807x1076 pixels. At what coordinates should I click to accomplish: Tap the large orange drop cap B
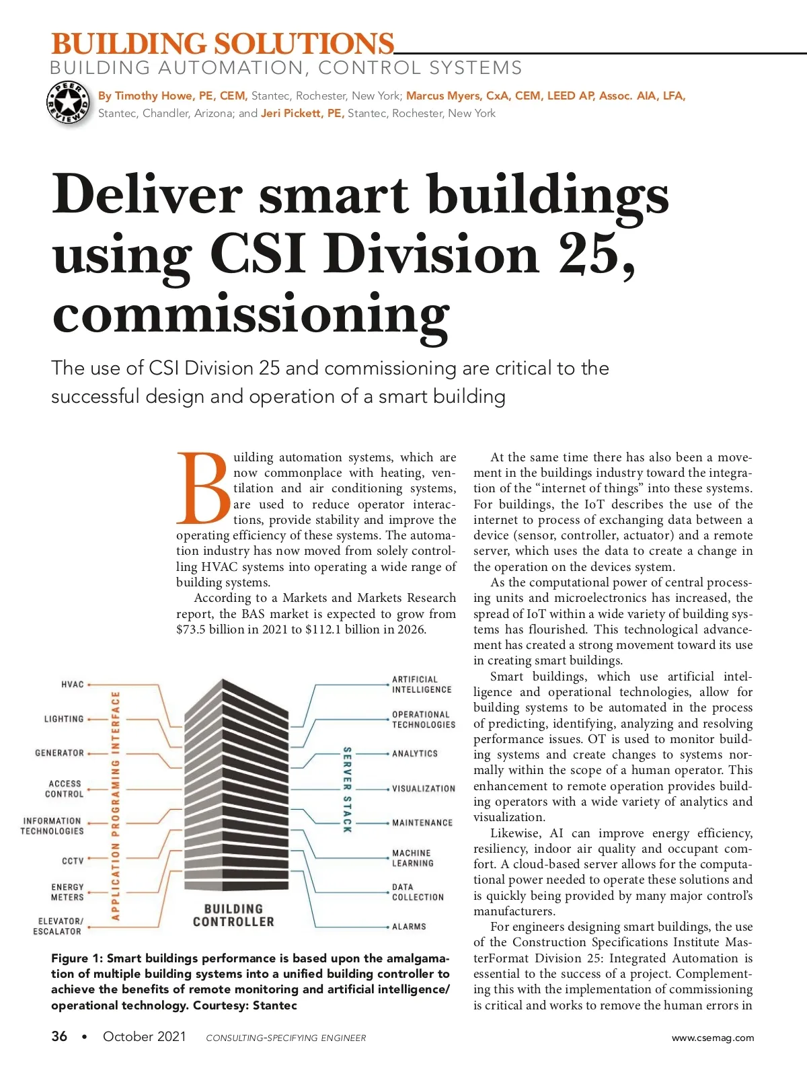coord(203,488)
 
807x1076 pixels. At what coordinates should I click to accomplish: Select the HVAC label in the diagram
coord(73,685)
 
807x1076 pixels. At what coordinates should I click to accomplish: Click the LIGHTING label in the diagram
coord(64,719)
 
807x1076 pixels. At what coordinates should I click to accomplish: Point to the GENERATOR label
coord(59,753)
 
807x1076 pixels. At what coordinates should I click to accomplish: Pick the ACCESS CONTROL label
coord(65,789)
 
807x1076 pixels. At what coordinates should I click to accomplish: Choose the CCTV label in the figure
coord(73,861)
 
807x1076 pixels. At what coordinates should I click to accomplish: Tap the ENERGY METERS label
coord(67,892)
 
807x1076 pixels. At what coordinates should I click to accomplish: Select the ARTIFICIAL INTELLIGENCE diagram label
coord(422,685)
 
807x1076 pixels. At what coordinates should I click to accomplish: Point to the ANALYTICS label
coord(415,754)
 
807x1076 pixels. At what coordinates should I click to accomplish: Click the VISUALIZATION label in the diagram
coord(424,789)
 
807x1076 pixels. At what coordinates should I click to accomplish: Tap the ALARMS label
coord(409,927)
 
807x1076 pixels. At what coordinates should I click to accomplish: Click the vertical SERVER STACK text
coord(347,790)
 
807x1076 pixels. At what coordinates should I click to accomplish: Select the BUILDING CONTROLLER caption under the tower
coord(233,915)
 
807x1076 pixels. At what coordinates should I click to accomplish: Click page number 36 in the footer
coord(59,1036)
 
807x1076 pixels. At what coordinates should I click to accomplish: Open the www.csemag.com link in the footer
coord(713,1038)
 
